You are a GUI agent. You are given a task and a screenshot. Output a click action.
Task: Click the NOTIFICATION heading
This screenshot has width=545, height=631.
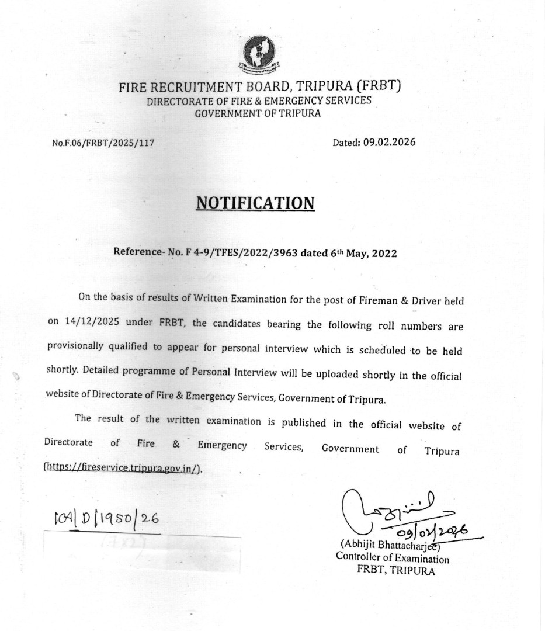(255, 203)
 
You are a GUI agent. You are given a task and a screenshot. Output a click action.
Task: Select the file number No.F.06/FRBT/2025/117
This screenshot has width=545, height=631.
(103, 143)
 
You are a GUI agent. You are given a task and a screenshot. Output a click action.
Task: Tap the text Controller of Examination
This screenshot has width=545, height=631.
(393, 558)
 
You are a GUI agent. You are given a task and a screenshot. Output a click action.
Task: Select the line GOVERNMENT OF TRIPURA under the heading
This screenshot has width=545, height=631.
(258, 113)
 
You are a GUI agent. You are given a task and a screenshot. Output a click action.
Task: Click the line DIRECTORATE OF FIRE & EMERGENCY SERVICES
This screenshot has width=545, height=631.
(259, 100)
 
